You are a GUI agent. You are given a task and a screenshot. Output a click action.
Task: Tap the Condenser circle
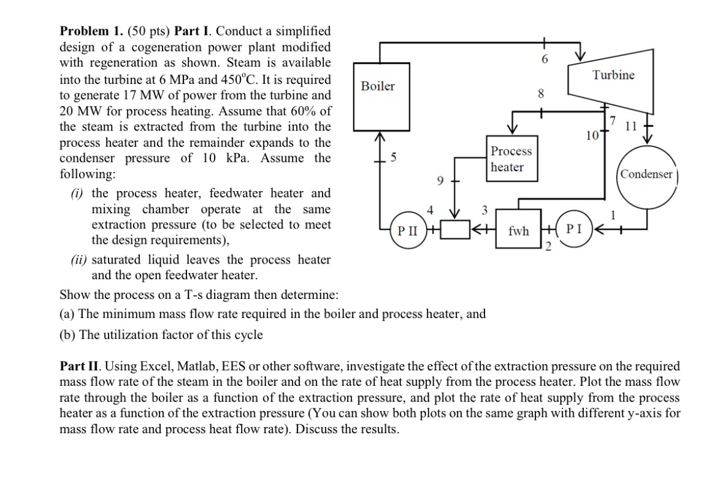click(x=646, y=174)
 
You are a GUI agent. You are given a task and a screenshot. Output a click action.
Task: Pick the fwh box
click(x=519, y=229)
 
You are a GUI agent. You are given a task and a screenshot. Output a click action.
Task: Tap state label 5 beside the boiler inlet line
click(x=393, y=158)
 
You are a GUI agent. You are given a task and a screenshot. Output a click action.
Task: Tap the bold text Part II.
click(x=77, y=366)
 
